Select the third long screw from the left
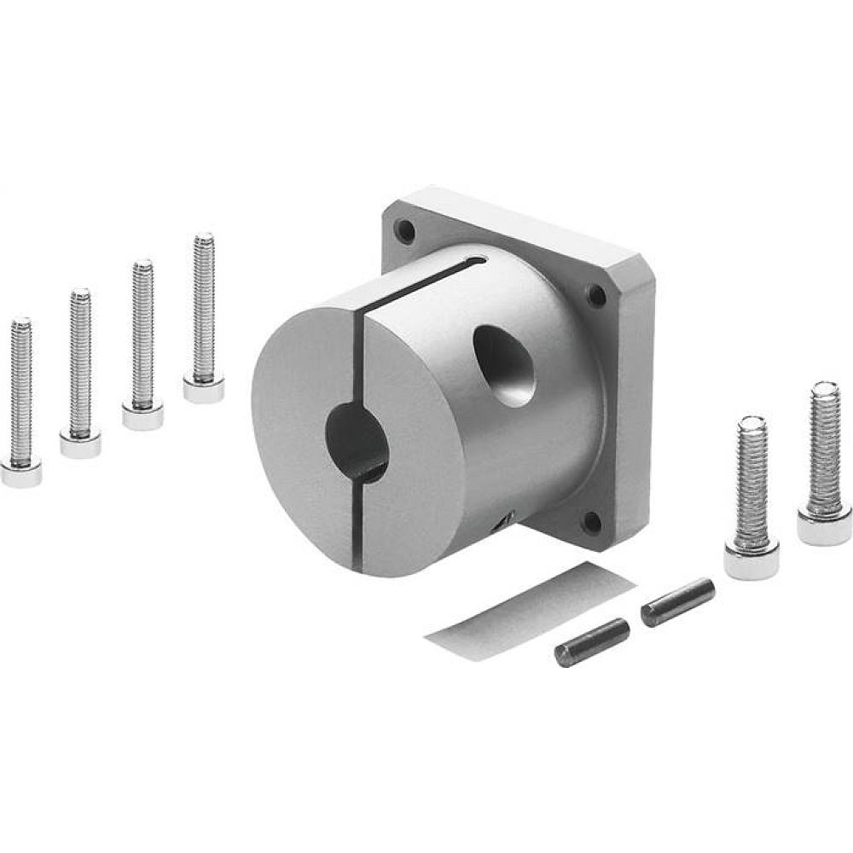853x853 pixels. click(142, 341)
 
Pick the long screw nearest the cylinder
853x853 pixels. click(204, 316)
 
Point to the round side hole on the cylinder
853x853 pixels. click(505, 365)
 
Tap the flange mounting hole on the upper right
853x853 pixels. click(596, 295)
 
